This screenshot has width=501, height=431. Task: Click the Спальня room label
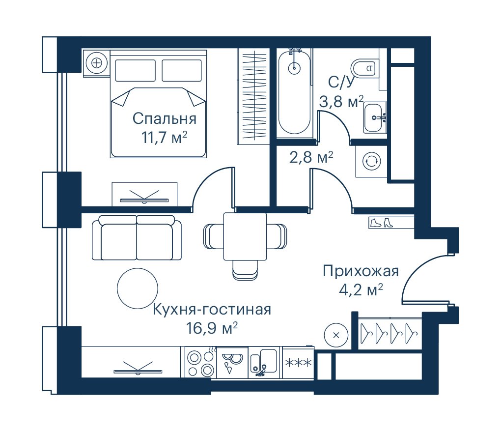click(x=164, y=118)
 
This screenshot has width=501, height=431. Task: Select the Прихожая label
click(x=361, y=271)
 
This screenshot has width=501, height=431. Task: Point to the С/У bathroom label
click(x=341, y=83)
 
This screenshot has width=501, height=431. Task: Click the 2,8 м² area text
click(x=311, y=157)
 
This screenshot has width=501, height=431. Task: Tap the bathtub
click(x=294, y=91)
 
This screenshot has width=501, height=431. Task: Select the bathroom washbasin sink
click(x=374, y=117)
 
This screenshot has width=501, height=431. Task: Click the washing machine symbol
click(x=371, y=161)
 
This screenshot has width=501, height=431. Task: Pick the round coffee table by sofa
click(x=138, y=288)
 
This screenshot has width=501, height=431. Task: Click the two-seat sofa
click(x=137, y=237)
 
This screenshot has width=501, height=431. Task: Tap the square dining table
click(x=245, y=236)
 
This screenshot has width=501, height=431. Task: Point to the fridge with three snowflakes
click(x=298, y=363)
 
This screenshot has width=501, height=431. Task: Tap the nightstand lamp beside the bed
click(x=96, y=63)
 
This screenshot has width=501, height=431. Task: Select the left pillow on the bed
click(x=135, y=70)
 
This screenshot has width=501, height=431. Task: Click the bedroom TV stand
click(x=144, y=195)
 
